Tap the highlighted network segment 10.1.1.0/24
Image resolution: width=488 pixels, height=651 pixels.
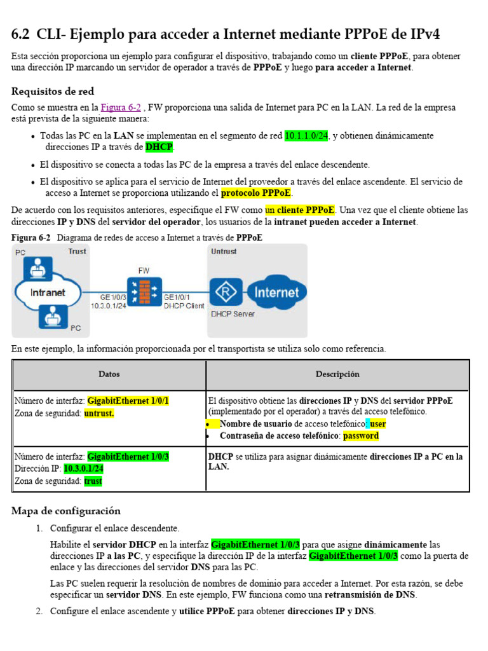(306, 135)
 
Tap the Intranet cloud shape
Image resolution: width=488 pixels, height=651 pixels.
(48, 293)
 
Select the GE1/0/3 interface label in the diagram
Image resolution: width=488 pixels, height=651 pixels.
(113, 297)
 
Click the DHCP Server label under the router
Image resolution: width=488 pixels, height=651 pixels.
(233, 314)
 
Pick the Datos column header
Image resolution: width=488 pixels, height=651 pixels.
(109, 374)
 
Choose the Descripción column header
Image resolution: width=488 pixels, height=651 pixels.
(337, 374)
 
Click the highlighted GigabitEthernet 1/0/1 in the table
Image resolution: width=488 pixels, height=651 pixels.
(128, 401)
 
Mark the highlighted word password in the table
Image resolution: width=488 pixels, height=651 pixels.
(360, 436)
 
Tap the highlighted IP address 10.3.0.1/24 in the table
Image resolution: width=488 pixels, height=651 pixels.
(84, 469)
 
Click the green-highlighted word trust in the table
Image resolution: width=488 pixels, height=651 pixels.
(93, 481)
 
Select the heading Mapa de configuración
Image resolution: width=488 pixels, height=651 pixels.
(66, 511)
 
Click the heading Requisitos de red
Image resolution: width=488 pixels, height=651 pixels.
(53, 91)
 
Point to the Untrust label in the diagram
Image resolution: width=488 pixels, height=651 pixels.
(224, 252)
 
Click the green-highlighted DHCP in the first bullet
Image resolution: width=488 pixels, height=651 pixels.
(158, 147)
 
